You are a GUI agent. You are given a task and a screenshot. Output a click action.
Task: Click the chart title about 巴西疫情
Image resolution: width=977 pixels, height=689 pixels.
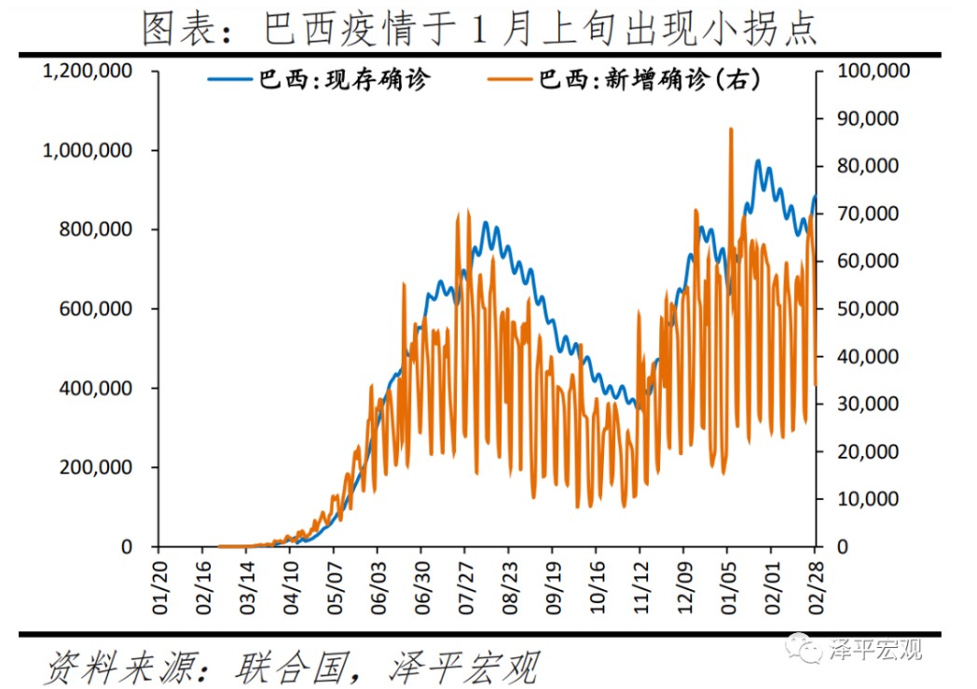click(x=480, y=28)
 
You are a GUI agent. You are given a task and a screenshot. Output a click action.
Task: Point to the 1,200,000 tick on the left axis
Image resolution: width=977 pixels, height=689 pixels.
click(x=89, y=71)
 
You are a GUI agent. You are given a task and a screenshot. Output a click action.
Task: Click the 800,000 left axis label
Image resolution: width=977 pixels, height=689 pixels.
click(x=96, y=229)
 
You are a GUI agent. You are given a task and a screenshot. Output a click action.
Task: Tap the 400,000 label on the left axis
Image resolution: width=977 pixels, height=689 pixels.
click(x=96, y=388)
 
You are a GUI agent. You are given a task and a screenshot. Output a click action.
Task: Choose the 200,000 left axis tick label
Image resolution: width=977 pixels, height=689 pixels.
click(x=96, y=467)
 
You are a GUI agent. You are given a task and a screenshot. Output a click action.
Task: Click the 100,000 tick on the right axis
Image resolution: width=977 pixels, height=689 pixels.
click(x=870, y=71)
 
